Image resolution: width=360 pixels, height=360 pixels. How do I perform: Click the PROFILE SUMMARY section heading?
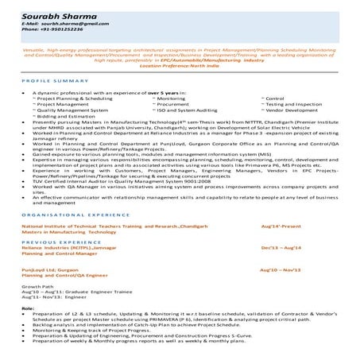click(x=50, y=82)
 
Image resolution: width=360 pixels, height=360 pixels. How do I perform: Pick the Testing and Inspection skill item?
click(x=294, y=103)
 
